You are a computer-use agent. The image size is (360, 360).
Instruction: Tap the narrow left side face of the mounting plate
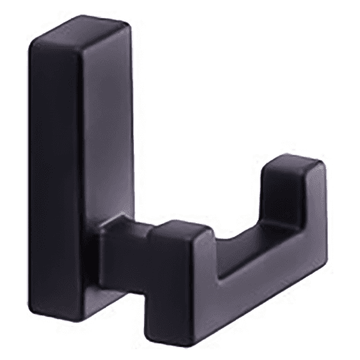(x=54, y=180)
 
